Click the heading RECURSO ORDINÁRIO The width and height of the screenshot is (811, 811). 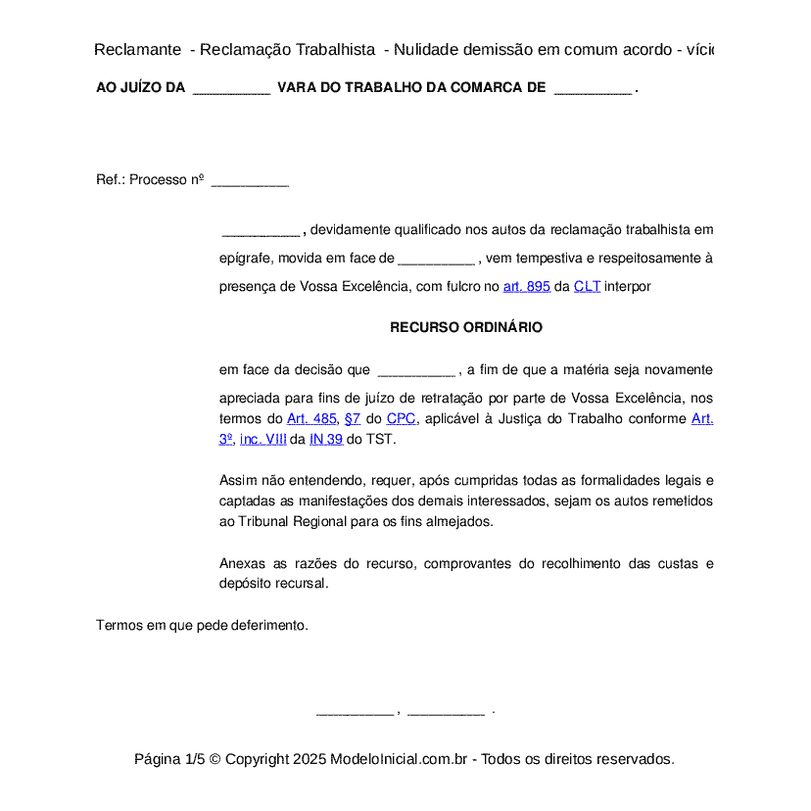(465, 327)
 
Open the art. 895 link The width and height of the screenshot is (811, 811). (526, 287)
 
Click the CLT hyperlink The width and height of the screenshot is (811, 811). (587, 287)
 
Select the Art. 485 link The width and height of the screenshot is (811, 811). (311, 418)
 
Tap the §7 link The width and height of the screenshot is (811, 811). (353, 418)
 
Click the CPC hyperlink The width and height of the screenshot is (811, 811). (401, 418)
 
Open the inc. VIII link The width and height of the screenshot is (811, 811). (262, 439)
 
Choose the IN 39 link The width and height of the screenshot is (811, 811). (326, 439)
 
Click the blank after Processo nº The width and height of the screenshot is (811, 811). (250, 181)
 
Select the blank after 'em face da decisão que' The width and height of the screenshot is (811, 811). (415, 371)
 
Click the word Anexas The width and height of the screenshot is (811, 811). (242, 563)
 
